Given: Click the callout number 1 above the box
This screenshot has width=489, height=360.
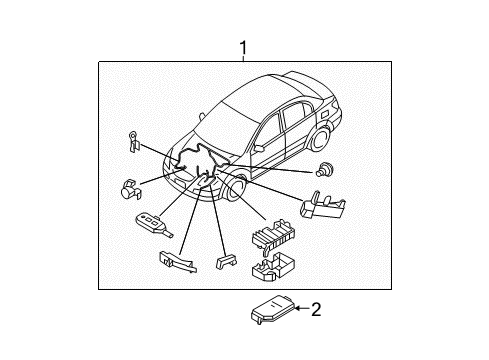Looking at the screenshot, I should click(242, 47).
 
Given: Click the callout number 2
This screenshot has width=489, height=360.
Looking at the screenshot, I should click(316, 310).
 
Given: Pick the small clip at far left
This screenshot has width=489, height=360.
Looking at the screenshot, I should click(133, 141).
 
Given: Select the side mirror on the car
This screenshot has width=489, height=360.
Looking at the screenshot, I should click(259, 148).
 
